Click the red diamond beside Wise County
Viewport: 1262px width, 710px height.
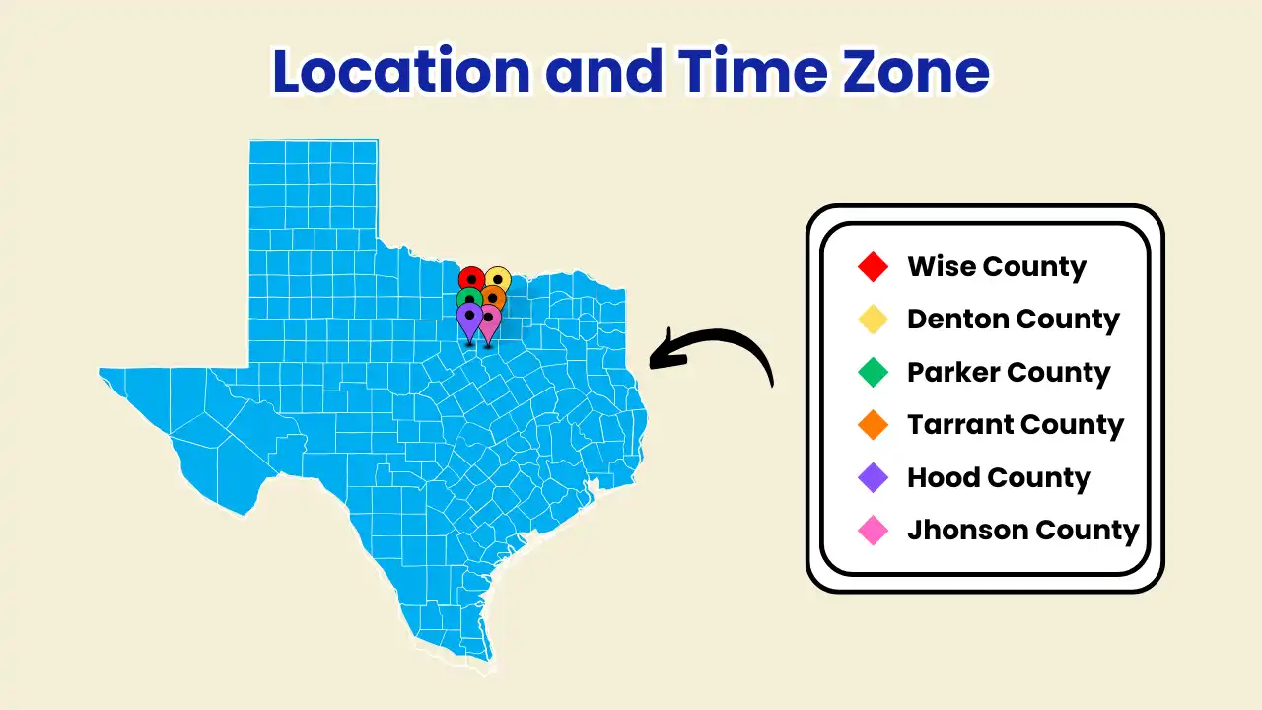click(874, 267)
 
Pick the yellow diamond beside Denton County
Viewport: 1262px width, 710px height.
click(874, 319)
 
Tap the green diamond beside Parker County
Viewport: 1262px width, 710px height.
click(874, 373)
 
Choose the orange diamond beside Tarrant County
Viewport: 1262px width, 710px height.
click(874, 425)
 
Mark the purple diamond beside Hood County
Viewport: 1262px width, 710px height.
click(874, 478)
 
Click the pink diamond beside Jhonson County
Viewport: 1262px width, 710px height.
click(874, 531)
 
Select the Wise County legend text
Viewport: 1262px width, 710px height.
click(997, 267)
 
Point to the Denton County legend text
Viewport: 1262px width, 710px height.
click(1014, 319)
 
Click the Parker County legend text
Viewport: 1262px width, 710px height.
click(1009, 373)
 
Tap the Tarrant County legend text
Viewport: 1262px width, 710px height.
click(1016, 425)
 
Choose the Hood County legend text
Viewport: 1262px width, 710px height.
click(999, 478)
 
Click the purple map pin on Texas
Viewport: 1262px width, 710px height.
click(469, 319)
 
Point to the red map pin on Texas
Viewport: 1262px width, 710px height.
click(470, 278)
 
